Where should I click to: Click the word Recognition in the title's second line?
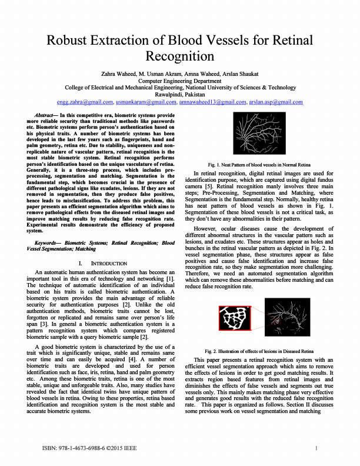pos(179,57)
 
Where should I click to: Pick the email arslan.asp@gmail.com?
pos(276,102)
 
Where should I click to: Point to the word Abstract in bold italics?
pos(45,115)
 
